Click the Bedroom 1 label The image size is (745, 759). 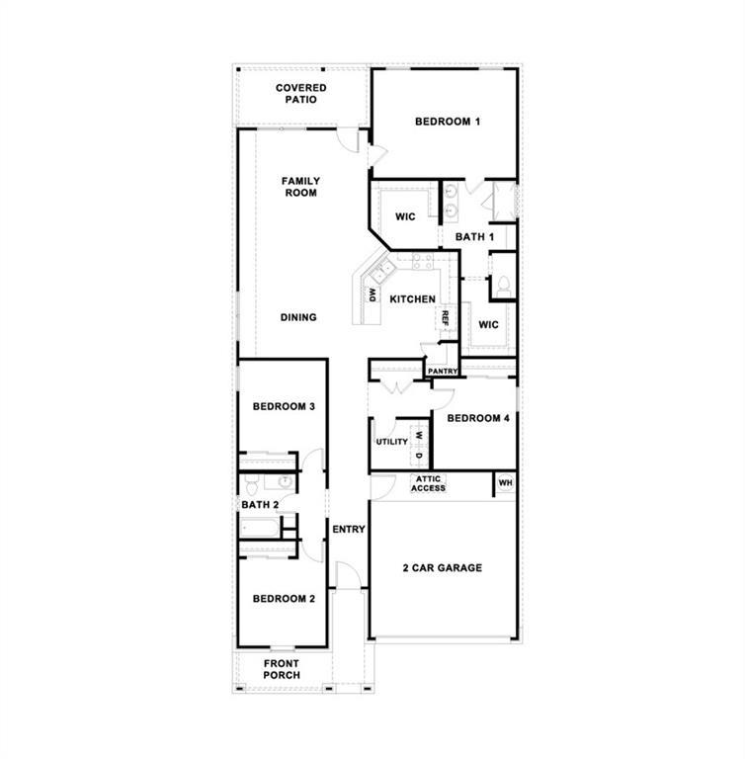[x=447, y=122]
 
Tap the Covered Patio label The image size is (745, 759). [x=300, y=94]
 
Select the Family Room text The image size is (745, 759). [x=300, y=187]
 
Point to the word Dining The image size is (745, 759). [x=298, y=317]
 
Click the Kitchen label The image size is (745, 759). [x=412, y=299]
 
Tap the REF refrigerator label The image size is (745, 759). [x=446, y=318]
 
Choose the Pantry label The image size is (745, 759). [x=443, y=372]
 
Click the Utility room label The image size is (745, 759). [x=391, y=442]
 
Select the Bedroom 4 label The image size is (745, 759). [x=478, y=418]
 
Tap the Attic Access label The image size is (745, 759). [x=429, y=483]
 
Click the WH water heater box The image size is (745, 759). [x=505, y=483]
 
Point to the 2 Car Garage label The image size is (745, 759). [x=442, y=568]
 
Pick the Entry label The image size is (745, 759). [x=348, y=530]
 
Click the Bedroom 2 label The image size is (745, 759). [x=284, y=599]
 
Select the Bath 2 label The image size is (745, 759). [x=260, y=505]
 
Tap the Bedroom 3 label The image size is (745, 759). [x=284, y=406]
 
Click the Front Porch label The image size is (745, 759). [x=282, y=669]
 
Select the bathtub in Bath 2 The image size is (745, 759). [x=266, y=528]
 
